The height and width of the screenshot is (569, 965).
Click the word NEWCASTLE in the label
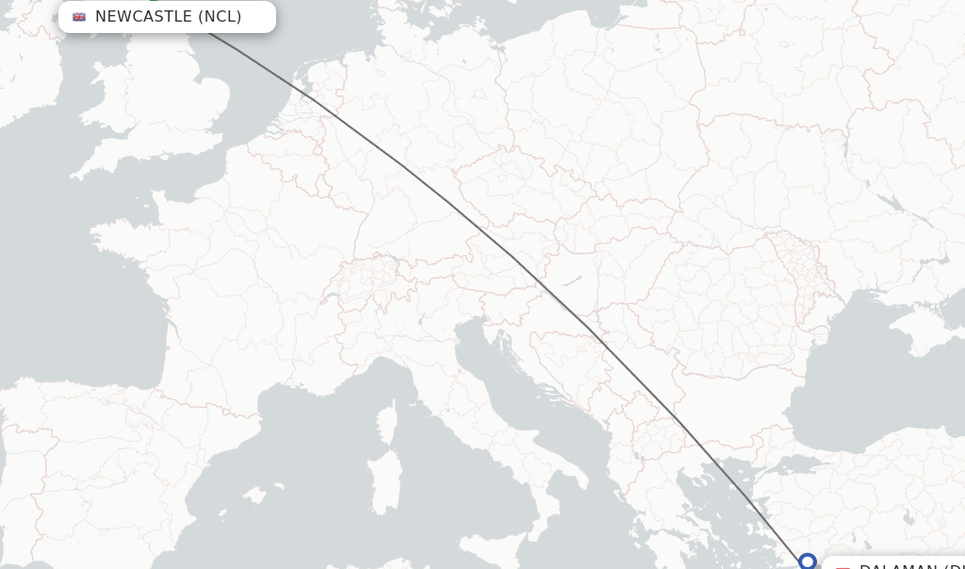pos(143,17)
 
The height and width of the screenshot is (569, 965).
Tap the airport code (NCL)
pos(220,17)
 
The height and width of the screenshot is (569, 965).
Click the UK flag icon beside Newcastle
pos(79,17)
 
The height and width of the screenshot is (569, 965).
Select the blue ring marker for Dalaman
pos(807,561)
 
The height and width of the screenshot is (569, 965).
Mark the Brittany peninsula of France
pos(118,236)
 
